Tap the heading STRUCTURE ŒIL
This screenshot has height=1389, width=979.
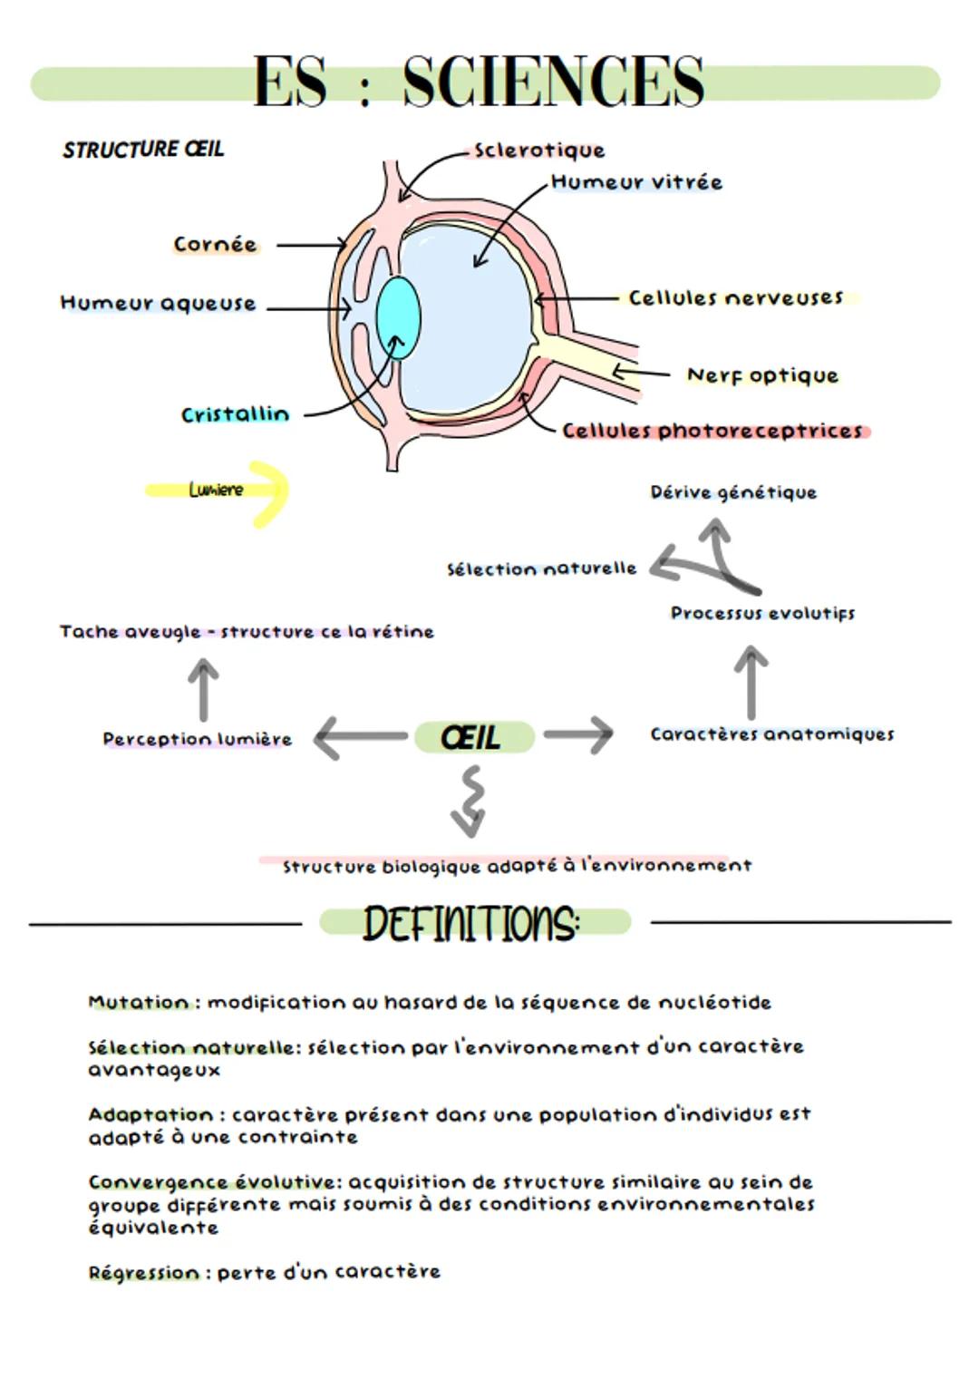[143, 150]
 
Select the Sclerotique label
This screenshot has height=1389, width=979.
[539, 151]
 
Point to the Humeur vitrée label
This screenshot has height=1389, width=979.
[636, 182]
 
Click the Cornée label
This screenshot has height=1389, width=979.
[215, 245]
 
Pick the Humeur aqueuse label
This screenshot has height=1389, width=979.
[158, 304]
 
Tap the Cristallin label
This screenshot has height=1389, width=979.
[235, 415]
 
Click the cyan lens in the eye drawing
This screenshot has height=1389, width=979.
[398, 318]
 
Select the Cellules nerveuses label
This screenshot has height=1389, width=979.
[735, 298]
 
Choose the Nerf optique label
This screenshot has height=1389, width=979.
[762, 375]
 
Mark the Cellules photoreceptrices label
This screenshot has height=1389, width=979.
[712, 431]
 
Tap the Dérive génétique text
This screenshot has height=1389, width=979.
[733, 493]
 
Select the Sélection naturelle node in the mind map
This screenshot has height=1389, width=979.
[541, 569]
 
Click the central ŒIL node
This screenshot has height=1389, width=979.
[472, 737]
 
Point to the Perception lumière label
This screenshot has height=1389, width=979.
[197, 740]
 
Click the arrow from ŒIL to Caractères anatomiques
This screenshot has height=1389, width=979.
[578, 734]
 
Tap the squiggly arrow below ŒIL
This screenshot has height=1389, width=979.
[470, 801]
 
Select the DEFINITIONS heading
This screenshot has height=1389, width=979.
[471, 924]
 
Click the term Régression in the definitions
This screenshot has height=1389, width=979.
[143, 1273]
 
